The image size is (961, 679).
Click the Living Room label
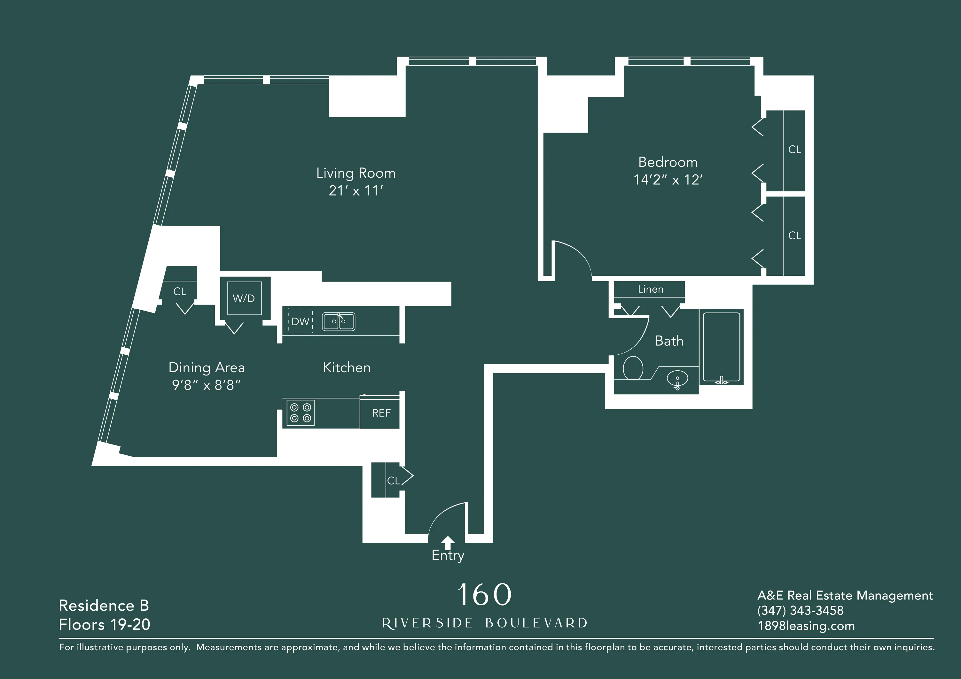(x=355, y=173)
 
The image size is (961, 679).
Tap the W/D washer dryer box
(x=244, y=298)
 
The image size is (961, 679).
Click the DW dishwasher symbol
(x=300, y=321)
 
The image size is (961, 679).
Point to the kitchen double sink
(x=338, y=321)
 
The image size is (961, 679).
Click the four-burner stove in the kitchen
(x=300, y=413)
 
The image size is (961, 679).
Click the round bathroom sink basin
(x=677, y=379)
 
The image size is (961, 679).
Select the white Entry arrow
(x=448, y=543)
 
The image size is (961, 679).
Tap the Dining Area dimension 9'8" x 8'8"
(x=206, y=385)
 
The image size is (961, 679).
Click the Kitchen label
(x=346, y=367)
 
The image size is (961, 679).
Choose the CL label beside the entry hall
(x=393, y=481)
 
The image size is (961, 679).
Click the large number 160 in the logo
(x=484, y=595)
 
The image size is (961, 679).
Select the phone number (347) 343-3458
(x=800, y=610)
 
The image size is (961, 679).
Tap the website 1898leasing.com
(x=806, y=626)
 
